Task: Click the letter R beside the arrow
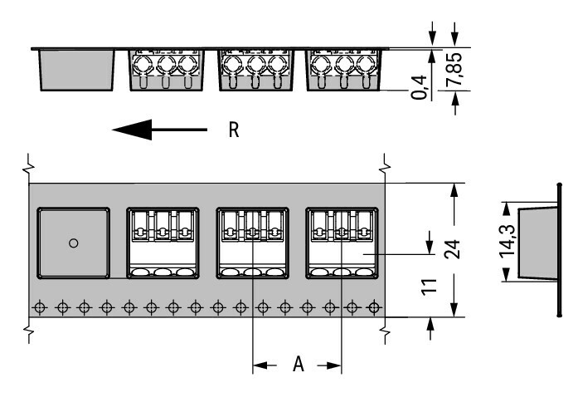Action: point(236,130)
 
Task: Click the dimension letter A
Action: point(298,365)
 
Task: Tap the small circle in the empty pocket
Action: point(73,243)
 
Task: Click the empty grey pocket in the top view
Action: point(73,243)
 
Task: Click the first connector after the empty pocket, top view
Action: point(163,243)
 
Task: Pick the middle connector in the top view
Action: point(253,243)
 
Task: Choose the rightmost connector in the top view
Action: point(343,243)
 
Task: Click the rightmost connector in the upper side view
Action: point(342,70)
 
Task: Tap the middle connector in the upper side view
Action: point(253,70)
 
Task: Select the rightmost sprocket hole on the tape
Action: point(373,307)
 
